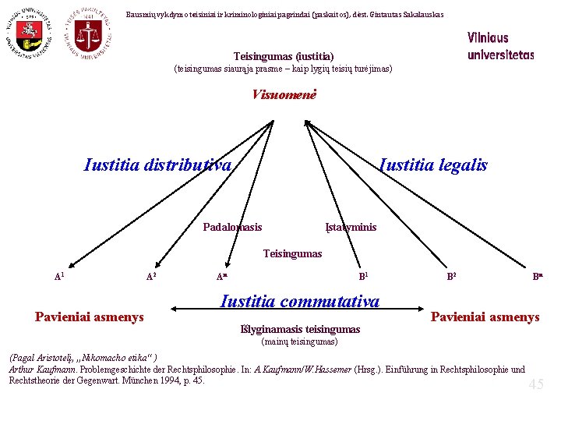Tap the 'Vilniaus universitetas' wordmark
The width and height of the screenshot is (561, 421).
(x=500, y=47)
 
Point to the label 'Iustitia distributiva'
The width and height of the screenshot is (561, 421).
(x=157, y=165)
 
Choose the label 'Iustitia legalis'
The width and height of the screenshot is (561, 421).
(x=432, y=165)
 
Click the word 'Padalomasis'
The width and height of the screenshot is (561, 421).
(x=232, y=227)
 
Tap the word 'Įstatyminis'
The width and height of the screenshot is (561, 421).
(x=351, y=227)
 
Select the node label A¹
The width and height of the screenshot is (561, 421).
(x=59, y=276)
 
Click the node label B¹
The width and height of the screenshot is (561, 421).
(x=363, y=276)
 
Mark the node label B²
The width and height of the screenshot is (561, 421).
(x=451, y=276)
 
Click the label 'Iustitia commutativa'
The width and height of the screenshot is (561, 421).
(x=300, y=302)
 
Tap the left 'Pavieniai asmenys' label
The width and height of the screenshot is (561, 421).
(x=89, y=317)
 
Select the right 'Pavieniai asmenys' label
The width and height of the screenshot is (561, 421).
(x=485, y=317)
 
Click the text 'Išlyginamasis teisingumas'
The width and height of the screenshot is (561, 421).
(x=299, y=329)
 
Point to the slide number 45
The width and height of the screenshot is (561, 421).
(x=536, y=384)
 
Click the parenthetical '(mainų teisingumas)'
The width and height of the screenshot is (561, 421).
(x=298, y=341)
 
